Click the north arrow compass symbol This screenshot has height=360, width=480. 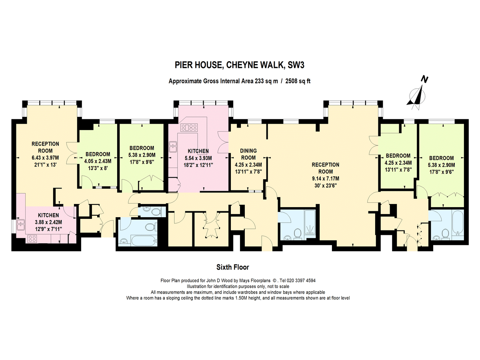(x=418, y=93)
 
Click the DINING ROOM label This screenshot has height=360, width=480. (x=248, y=154)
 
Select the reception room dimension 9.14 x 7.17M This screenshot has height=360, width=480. (x=325, y=178)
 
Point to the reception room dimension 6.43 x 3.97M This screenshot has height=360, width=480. (x=45, y=158)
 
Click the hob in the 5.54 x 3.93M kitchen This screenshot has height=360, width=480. (x=189, y=128)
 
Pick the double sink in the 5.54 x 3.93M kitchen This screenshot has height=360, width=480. (x=173, y=147)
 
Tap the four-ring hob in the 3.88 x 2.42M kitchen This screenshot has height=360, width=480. (x=32, y=239)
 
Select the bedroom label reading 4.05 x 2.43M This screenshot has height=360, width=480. (x=98, y=162)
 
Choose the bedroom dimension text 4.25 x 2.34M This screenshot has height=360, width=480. (x=397, y=163)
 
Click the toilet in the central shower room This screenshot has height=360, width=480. (x=297, y=233)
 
